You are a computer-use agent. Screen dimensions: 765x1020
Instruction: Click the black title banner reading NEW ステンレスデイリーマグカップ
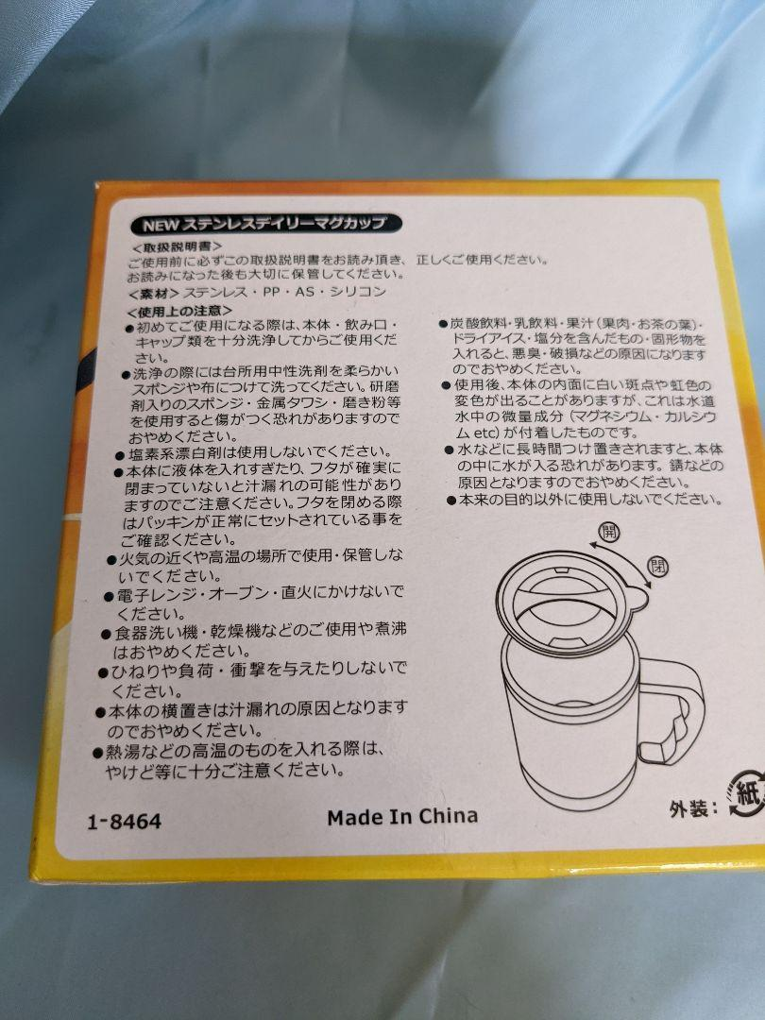(x=266, y=225)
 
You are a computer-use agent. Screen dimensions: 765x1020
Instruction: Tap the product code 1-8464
(x=125, y=821)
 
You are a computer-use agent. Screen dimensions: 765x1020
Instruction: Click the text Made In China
(x=402, y=816)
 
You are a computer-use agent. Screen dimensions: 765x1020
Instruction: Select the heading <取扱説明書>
(x=177, y=247)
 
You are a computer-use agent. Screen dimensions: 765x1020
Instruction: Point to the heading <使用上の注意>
(x=179, y=312)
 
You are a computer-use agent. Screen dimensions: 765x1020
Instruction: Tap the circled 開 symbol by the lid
(x=609, y=532)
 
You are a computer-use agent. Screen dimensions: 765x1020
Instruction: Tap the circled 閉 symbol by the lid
(x=658, y=566)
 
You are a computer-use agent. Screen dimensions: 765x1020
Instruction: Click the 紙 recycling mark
(x=748, y=793)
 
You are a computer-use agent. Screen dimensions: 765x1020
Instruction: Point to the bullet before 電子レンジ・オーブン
(x=109, y=596)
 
